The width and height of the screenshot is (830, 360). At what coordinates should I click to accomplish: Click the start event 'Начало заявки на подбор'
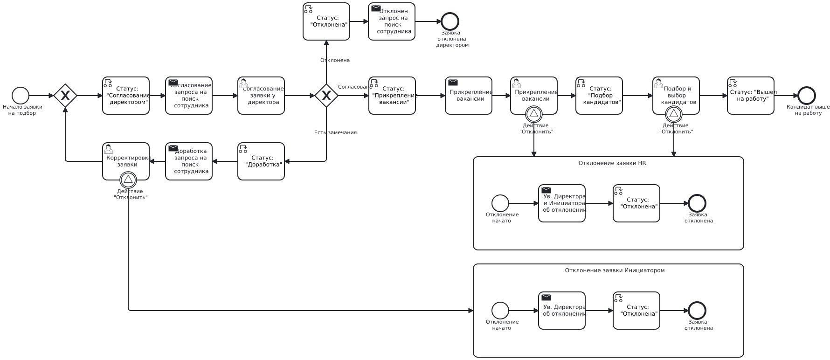21,96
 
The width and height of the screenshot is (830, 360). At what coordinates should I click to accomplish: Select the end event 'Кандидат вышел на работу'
807,96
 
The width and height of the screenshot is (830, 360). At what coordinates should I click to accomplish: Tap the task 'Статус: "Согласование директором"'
126,96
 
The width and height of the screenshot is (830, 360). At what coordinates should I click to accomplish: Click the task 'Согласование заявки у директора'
261,96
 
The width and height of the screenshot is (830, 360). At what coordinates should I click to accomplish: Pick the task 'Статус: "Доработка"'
261,161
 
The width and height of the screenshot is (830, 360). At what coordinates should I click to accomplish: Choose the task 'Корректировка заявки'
126,161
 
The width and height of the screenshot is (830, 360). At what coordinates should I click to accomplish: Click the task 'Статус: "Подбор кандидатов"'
599,96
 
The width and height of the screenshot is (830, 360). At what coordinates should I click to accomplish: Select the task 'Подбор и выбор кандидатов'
676,96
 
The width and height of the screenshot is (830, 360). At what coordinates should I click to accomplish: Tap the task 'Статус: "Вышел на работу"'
751,96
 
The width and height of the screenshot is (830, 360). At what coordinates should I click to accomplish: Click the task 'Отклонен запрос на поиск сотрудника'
392,21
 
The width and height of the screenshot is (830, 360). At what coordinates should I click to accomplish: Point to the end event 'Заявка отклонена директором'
450,21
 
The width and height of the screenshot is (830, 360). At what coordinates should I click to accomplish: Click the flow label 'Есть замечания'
335,133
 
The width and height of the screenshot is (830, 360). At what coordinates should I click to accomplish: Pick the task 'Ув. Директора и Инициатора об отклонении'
562,203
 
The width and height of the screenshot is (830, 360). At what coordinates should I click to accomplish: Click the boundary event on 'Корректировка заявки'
128,180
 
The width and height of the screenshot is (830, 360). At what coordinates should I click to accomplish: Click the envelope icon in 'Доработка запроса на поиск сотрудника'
173,148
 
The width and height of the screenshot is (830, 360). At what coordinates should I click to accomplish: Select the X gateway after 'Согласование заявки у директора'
326,96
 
